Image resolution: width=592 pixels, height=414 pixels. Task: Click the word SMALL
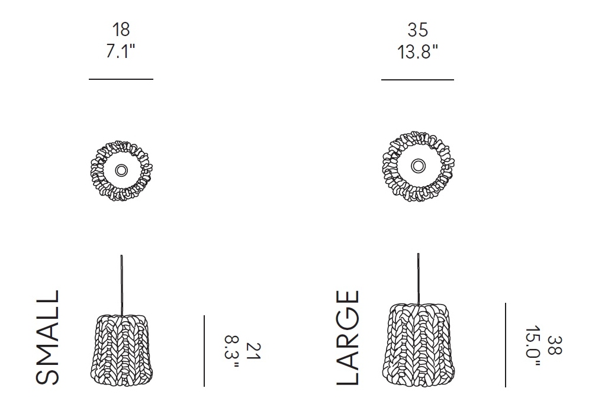pyautogui.click(x=47, y=338)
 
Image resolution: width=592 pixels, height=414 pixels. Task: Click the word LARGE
pyautogui.click(x=348, y=338)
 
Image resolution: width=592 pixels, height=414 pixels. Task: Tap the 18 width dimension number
pyautogui.click(x=121, y=30)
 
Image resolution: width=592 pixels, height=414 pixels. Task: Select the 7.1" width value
pyautogui.click(x=120, y=51)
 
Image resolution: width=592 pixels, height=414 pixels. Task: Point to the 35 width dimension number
pyautogui.click(x=417, y=30)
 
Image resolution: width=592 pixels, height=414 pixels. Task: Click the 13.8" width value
pyautogui.click(x=417, y=51)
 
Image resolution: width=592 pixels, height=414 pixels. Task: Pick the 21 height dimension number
pyautogui.click(x=253, y=351)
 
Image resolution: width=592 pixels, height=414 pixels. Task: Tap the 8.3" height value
pyautogui.click(x=232, y=351)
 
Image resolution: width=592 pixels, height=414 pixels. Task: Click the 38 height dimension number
pyautogui.click(x=554, y=345)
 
